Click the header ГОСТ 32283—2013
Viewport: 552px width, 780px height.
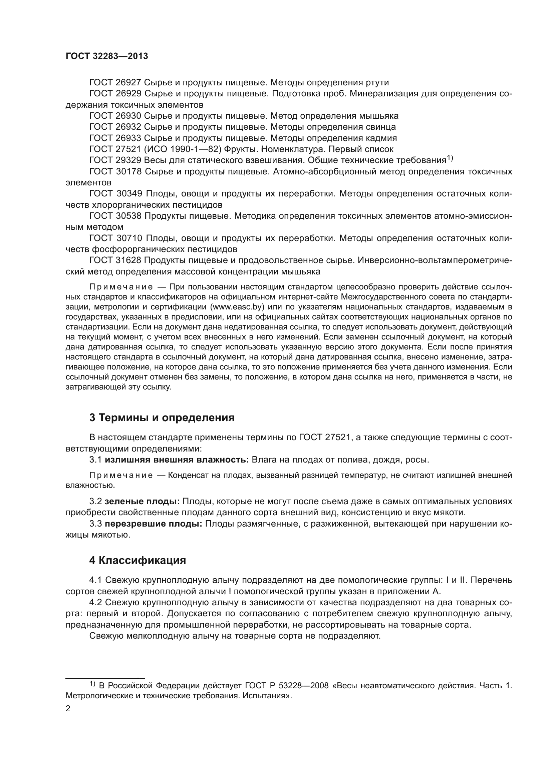107,56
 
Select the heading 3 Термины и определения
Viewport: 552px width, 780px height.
162,418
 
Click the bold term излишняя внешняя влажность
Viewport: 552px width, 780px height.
177,460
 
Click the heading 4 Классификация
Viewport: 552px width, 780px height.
137,560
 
